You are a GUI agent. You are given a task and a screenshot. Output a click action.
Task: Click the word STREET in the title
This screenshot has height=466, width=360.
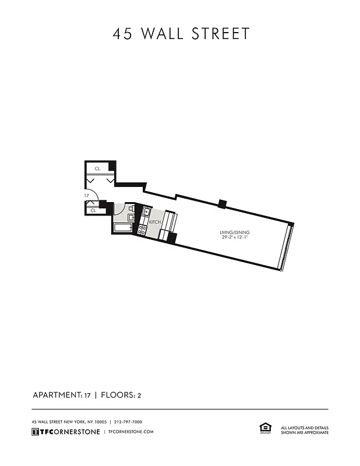[x=222, y=34]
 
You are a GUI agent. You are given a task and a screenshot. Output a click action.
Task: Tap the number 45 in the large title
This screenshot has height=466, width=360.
[x=122, y=34]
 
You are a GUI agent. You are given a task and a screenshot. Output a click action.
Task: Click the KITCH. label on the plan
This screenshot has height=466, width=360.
[x=155, y=222]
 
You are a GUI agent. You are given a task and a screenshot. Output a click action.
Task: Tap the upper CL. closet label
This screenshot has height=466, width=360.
[x=98, y=168]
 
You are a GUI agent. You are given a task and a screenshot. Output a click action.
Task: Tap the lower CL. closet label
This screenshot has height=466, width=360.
[x=93, y=210]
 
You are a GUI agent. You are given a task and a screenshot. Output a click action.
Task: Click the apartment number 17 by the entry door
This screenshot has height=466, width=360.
[x=86, y=196]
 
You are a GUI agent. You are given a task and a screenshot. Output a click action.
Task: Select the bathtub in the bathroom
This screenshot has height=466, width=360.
[x=123, y=227]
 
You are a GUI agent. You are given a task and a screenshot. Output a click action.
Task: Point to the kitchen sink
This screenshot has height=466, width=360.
[x=146, y=214]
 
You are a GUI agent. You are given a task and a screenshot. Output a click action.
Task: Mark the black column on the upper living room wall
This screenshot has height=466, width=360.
[x=221, y=203]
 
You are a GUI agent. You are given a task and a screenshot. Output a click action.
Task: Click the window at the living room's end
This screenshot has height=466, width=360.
[x=286, y=247]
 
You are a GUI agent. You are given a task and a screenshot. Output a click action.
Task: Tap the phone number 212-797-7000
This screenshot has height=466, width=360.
[x=128, y=422]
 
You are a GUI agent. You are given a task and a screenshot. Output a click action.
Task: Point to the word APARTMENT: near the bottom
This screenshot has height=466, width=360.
[x=56, y=395]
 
